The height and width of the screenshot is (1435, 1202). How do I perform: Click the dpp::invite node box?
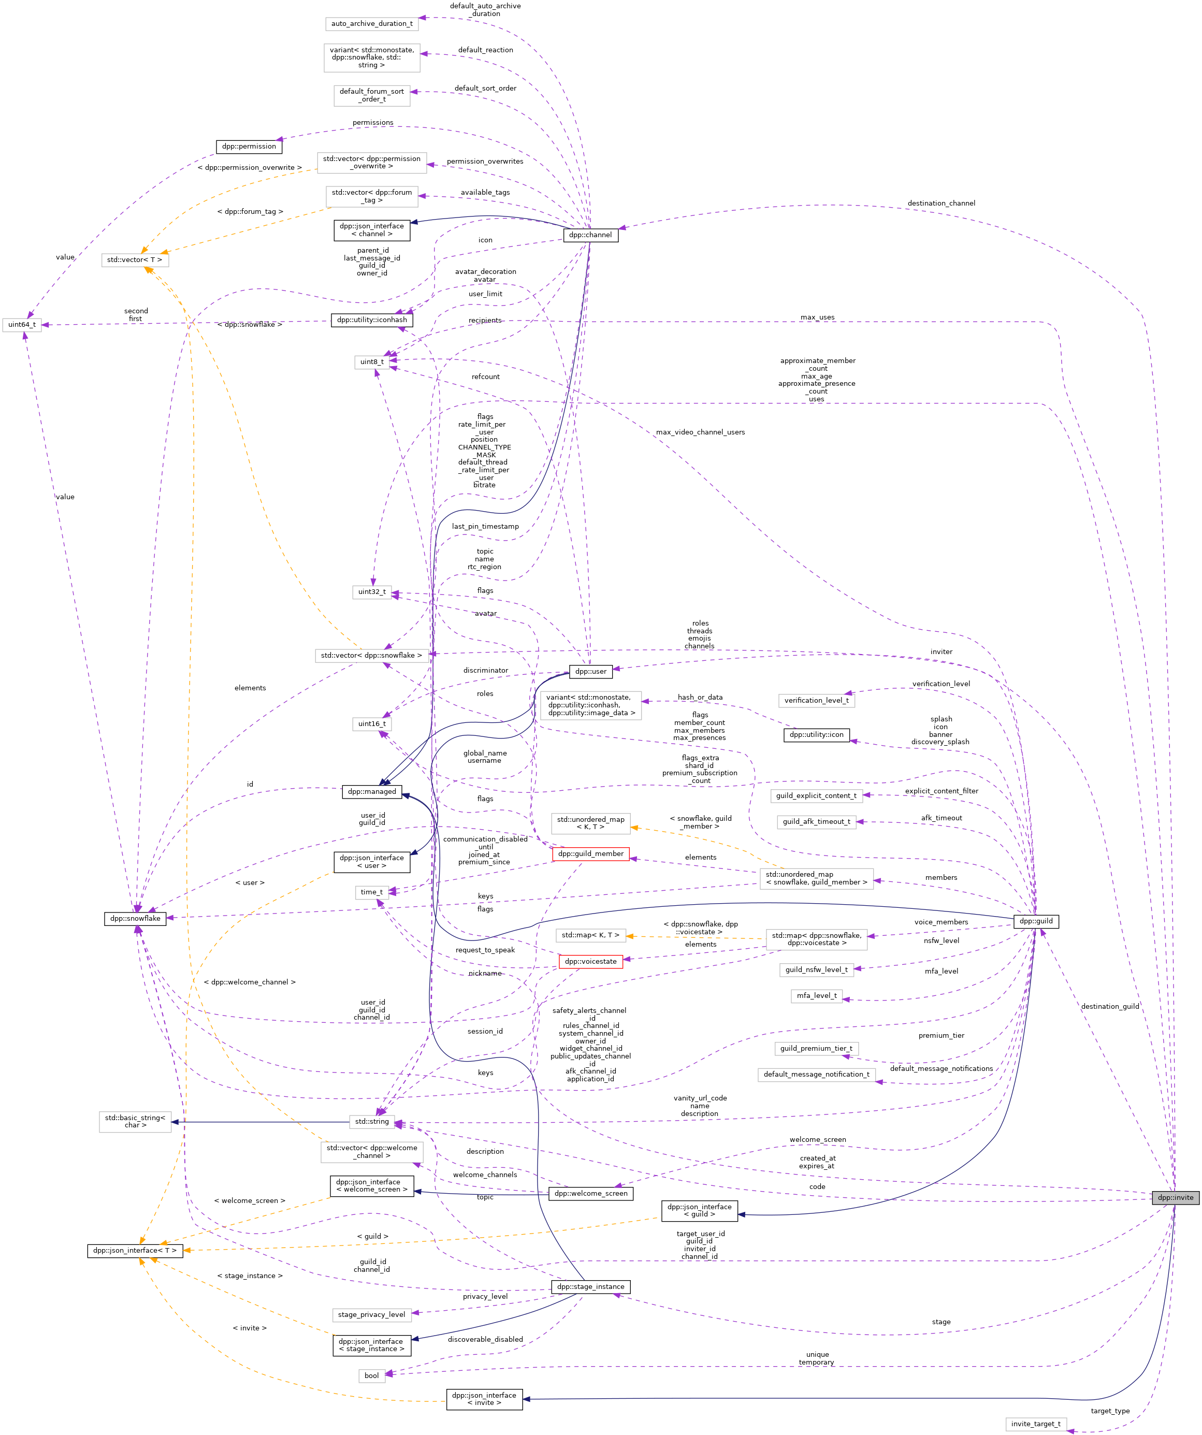pos(1175,1197)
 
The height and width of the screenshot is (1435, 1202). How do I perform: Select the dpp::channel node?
pos(590,235)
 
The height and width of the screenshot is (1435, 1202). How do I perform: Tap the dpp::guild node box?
pos(1036,921)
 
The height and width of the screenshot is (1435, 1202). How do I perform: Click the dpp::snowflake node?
pos(135,918)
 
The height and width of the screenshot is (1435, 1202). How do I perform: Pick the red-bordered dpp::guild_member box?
pos(590,853)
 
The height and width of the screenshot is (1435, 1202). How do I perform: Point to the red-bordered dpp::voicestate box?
pos(590,962)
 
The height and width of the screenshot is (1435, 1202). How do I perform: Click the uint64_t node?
pos(22,325)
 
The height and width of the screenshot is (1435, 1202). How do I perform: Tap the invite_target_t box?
pos(1036,1424)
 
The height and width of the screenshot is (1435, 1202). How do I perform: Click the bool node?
pos(372,1375)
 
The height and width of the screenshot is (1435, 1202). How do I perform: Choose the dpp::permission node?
pos(249,146)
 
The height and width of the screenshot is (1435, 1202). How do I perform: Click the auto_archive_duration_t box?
pos(372,24)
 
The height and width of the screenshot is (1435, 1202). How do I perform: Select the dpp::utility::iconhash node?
pos(372,320)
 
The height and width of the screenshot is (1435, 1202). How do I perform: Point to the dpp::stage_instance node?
pos(590,1287)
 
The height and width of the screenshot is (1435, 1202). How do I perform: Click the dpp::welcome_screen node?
pos(590,1194)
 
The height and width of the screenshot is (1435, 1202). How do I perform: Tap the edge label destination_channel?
pos(941,204)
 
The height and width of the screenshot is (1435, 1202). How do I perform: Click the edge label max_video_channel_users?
pos(700,432)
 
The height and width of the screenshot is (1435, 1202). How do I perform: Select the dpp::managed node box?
pos(372,792)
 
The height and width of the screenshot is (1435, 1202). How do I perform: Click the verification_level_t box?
pos(816,701)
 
